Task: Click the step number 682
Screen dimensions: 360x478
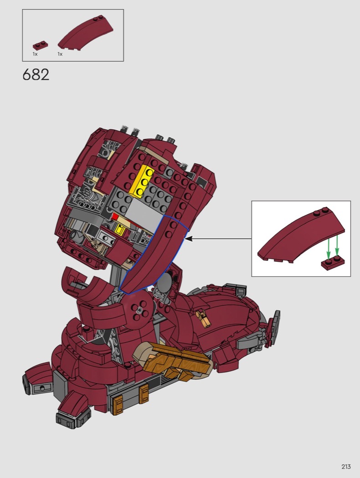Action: [x=36, y=75]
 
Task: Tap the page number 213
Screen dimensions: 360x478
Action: [x=346, y=467]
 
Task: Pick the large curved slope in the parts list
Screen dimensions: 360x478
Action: [x=85, y=34]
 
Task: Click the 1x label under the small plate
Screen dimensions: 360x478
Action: [x=35, y=54]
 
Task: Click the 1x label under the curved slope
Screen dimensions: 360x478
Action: [x=60, y=54]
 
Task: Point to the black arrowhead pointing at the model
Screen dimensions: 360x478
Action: [x=189, y=239]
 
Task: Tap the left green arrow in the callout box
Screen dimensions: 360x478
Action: [x=328, y=248]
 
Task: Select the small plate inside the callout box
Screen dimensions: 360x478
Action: [x=333, y=263]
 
